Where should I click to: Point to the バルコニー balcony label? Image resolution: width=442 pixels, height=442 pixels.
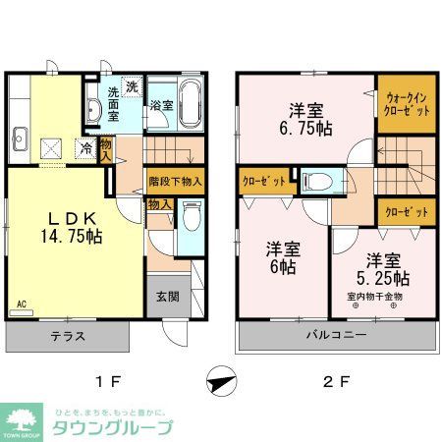335,336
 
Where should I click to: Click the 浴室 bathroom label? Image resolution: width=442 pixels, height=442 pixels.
162,104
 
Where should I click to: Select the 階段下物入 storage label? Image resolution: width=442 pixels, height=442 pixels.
176,181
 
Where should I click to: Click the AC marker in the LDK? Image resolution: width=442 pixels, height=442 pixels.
21,304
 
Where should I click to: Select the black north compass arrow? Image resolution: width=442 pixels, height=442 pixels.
222,378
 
